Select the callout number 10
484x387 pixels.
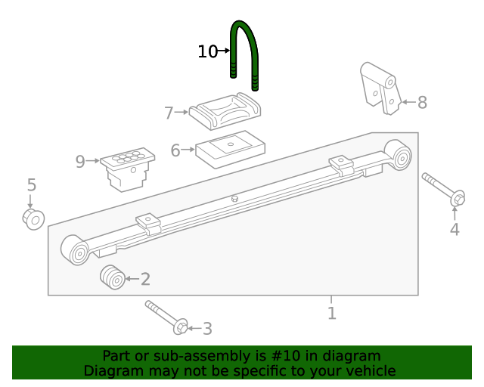click(207, 51)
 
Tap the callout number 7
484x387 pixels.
click(169, 113)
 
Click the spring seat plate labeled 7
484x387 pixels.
click(226, 111)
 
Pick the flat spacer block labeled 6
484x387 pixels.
click(228, 147)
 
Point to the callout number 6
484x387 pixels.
click(175, 151)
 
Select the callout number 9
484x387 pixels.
click(80, 160)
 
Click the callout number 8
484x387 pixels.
click(422, 103)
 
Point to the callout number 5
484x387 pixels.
click(31, 185)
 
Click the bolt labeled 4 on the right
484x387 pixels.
click(444, 189)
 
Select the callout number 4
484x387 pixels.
click(455, 230)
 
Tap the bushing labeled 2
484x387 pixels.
click(113, 277)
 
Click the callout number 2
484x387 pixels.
click(145, 280)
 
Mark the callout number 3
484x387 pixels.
click(206, 329)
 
